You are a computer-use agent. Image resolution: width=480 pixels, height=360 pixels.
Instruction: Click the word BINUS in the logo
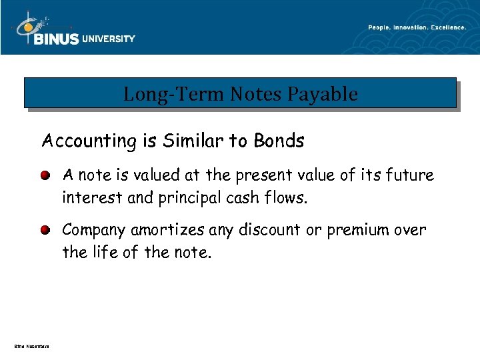pyautogui.click(x=57, y=39)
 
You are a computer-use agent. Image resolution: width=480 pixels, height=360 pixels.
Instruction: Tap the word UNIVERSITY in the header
pyautogui.click(x=109, y=39)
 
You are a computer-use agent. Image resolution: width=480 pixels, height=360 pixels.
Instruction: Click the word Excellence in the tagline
pyautogui.click(x=448, y=27)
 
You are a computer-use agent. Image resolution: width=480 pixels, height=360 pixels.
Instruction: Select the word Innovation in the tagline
pyautogui.click(x=411, y=27)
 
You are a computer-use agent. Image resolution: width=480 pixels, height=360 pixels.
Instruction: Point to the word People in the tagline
pyautogui.click(x=378, y=27)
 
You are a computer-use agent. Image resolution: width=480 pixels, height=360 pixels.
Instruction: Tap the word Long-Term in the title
pyautogui.click(x=174, y=95)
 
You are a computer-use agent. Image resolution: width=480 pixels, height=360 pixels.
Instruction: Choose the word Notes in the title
pyautogui.click(x=257, y=95)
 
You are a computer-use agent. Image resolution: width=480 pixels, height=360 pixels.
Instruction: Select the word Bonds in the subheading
pyautogui.click(x=280, y=141)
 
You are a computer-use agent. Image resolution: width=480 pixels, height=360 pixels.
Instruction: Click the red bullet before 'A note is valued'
pyautogui.click(x=45, y=176)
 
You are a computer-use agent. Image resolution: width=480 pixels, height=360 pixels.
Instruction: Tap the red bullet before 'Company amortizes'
pyautogui.click(x=45, y=231)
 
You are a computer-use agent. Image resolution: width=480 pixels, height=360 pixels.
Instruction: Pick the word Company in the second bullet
pyautogui.click(x=94, y=231)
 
